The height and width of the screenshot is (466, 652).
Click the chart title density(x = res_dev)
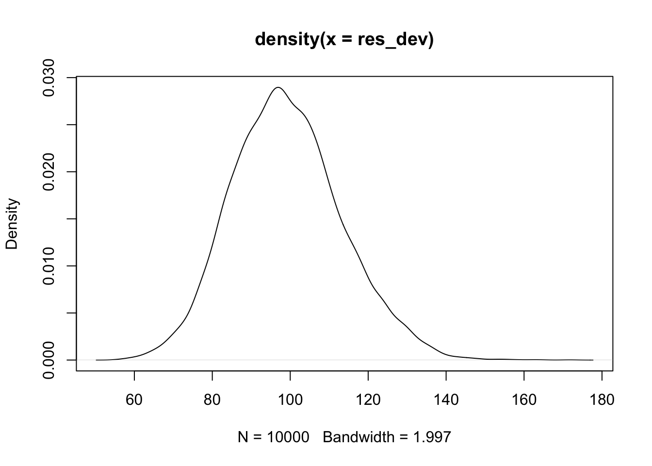[344, 39]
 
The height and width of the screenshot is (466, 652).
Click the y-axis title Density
[12, 224]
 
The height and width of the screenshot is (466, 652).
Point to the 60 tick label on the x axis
[134, 399]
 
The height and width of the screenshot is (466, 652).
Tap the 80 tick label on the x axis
[212, 399]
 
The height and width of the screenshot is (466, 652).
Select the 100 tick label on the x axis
[290, 399]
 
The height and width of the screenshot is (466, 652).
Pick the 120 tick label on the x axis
[368, 399]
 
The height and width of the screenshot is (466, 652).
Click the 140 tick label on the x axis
[446, 399]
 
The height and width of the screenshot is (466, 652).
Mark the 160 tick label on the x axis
[524, 399]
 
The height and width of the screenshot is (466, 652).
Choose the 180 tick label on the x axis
[602, 399]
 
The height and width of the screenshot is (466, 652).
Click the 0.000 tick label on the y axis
[49, 360]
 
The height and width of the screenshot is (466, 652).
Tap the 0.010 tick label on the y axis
[49, 266]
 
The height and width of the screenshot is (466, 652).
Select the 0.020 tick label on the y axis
[49, 172]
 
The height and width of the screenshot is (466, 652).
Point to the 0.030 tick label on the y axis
[49, 78]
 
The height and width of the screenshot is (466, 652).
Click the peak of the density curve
[278, 87]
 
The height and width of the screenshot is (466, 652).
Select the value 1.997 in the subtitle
[432, 437]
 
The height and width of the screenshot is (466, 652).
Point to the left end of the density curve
[97, 360]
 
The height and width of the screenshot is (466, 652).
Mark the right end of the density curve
[593, 360]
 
